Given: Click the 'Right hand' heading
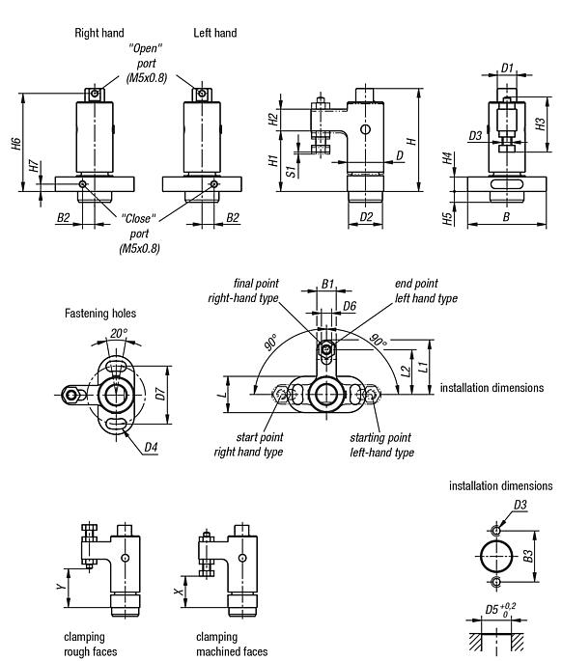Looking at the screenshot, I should (x=100, y=33).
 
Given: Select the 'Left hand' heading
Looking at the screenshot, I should (x=214, y=33).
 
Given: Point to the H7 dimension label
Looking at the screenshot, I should (x=35, y=167).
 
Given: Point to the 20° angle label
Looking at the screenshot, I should (x=118, y=333).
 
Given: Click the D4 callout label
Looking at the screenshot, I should (x=151, y=447).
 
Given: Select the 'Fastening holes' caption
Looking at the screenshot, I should (x=100, y=314).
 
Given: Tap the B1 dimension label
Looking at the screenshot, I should (x=327, y=285).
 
